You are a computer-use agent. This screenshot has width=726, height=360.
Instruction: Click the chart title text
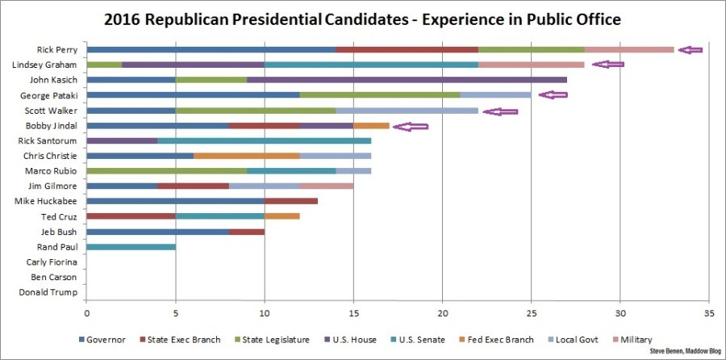click(x=362, y=19)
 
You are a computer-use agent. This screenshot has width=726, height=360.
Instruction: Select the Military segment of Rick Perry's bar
click(x=629, y=50)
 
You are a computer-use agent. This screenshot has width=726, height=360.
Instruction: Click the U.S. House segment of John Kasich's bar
click(x=407, y=80)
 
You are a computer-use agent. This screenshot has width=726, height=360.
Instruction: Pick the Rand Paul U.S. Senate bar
click(x=131, y=247)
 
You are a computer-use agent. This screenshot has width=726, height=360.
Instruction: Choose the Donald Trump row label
click(x=48, y=292)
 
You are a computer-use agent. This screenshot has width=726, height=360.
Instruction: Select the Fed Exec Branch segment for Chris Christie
click(x=247, y=156)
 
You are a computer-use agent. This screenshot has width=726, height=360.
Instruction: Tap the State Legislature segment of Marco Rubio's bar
click(x=166, y=171)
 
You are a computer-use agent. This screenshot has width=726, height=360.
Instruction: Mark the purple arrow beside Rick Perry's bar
click(x=690, y=50)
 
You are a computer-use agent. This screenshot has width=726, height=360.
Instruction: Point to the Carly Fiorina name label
click(x=51, y=262)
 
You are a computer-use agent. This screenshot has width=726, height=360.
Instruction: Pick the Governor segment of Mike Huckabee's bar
click(x=175, y=201)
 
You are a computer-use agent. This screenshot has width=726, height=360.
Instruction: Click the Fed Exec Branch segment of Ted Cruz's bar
click(x=282, y=216)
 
